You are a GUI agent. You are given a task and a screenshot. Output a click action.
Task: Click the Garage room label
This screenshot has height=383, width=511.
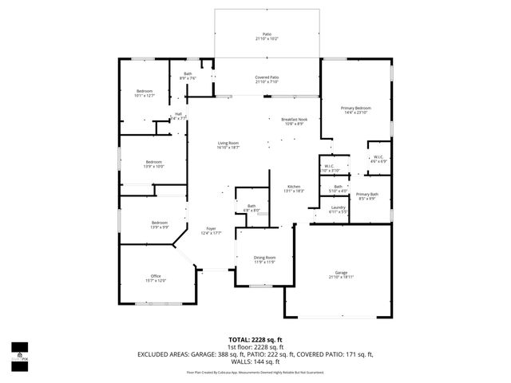[341, 272]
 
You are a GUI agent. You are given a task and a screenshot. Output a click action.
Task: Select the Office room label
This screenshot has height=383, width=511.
[156, 276]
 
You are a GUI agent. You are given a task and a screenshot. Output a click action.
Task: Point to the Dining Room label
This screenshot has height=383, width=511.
[264, 257]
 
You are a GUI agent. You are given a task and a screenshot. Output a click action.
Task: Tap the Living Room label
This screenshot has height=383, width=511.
[228, 143]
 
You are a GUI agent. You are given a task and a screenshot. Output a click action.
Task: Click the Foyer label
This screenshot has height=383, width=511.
[211, 228]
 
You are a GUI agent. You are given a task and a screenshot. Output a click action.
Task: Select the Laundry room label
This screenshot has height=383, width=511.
[339, 207]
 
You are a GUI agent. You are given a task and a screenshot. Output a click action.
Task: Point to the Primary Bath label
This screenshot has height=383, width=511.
[367, 195]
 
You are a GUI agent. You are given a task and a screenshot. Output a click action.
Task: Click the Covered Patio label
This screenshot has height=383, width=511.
[267, 77]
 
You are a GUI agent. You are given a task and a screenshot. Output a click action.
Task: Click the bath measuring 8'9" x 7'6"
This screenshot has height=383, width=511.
[188, 75]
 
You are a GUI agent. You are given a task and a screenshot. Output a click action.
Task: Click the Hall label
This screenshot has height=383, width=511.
[178, 115]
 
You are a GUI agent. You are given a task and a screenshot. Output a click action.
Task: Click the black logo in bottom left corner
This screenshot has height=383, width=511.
[19, 352]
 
